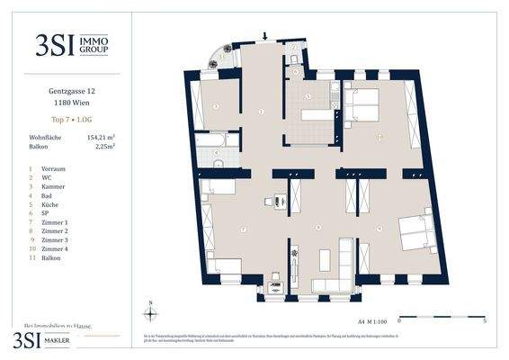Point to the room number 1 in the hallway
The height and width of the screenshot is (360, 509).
pyautogui.click(x=261, y=111)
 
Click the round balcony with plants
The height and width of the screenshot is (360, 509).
pyautogui.click(x=223, y=56)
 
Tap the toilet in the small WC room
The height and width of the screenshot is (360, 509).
pyautogui.click(x=294, y=59)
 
